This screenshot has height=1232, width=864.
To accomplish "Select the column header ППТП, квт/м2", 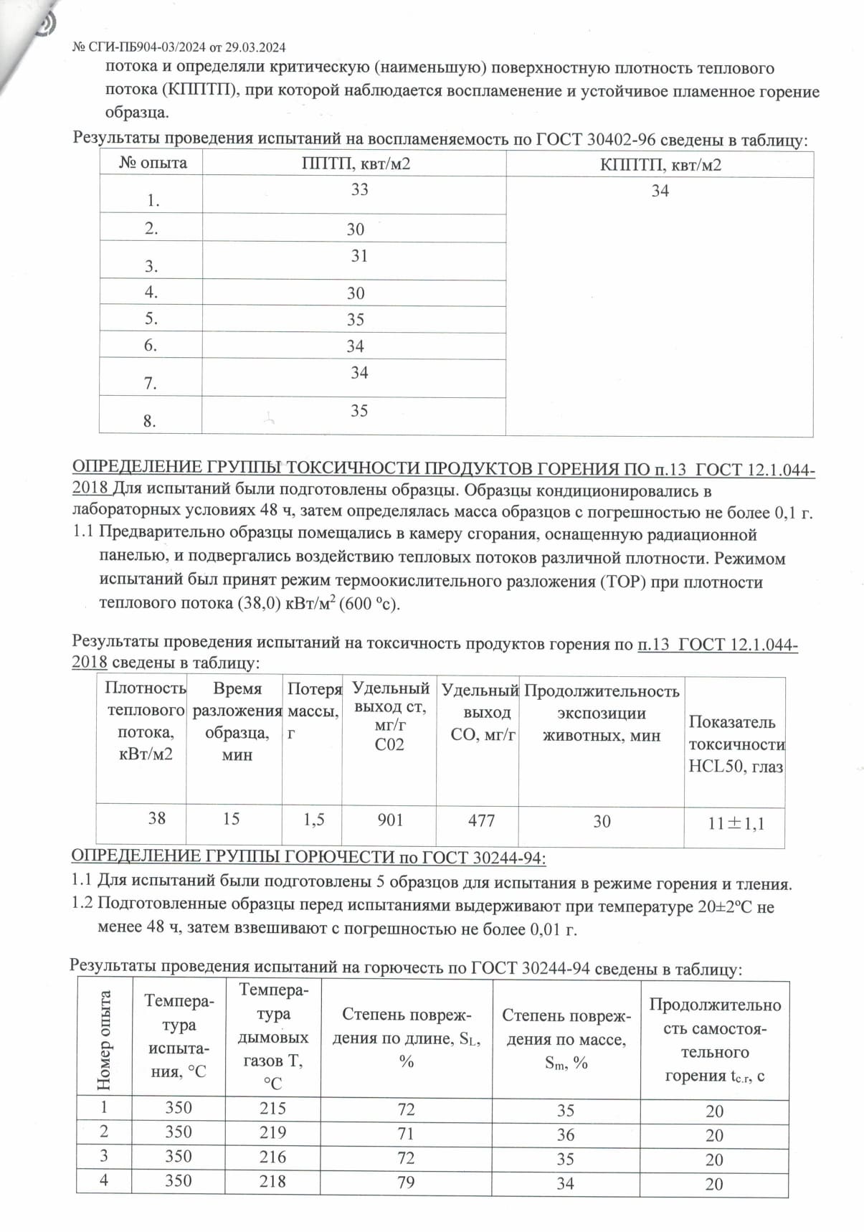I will [x=356, y=164].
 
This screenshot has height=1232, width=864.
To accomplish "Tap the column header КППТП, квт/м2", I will [x=660, y=165].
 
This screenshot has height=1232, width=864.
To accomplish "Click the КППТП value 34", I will [x=660, y=191].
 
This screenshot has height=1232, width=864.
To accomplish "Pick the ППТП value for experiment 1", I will [x=359, y=189].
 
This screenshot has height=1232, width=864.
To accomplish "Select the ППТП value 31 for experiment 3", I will [x=359, y=256].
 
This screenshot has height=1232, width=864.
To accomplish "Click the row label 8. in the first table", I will [x=149, y=422].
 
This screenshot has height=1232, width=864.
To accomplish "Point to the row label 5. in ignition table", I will [x=151, y=319].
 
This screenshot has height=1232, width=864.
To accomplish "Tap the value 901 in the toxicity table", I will [x=390, y=820].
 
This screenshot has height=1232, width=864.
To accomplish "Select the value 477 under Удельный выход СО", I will [x=481, y=820].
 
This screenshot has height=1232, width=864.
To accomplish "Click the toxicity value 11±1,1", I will [x=736, y=823].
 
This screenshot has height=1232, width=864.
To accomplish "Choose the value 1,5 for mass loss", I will [x=313, y=820].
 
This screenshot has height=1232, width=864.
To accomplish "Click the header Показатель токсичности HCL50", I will [x=736, y=744].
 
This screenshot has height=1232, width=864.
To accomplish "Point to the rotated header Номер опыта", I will [x=105, y=1040].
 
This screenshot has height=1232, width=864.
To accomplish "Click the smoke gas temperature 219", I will [x=272, y=1132].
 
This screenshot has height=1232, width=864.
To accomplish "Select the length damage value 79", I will [x=406, y=1181].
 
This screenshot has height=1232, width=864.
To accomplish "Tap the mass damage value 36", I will [x=566, y=1134].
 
